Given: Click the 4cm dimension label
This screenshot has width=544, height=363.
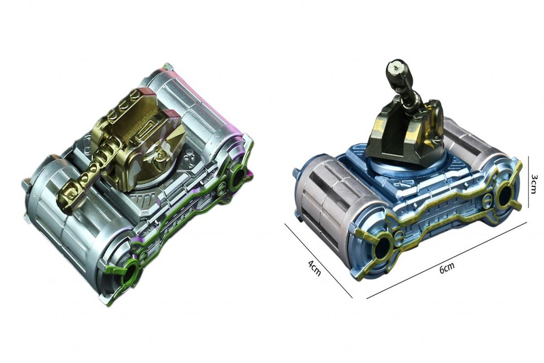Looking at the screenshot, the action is pos(314,268).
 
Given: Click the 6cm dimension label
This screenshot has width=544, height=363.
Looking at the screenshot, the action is pos(446,267).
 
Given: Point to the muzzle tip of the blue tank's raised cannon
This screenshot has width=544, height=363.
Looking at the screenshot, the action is pos(395,67).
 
